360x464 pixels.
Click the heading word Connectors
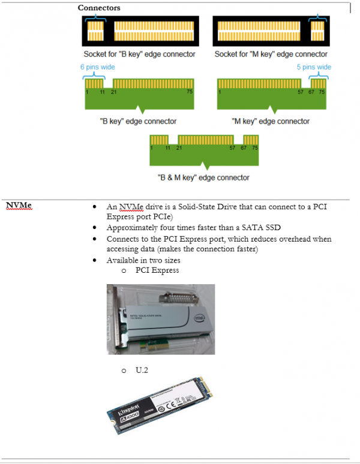point(99,8)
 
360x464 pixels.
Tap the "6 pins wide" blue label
point(98,67)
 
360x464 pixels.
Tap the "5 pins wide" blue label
point(314,67)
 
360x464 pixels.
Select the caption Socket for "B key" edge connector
point(139,54)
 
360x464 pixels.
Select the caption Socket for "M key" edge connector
point(271,54)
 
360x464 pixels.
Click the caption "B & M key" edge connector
point(203,177)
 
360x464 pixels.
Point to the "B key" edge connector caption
point(138,121)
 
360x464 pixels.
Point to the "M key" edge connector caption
point(271,121)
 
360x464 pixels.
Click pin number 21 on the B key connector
point(113,92)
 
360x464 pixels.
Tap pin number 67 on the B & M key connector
point(244,147)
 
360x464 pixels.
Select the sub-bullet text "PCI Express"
point(157,270)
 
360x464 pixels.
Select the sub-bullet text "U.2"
point(142,370)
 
